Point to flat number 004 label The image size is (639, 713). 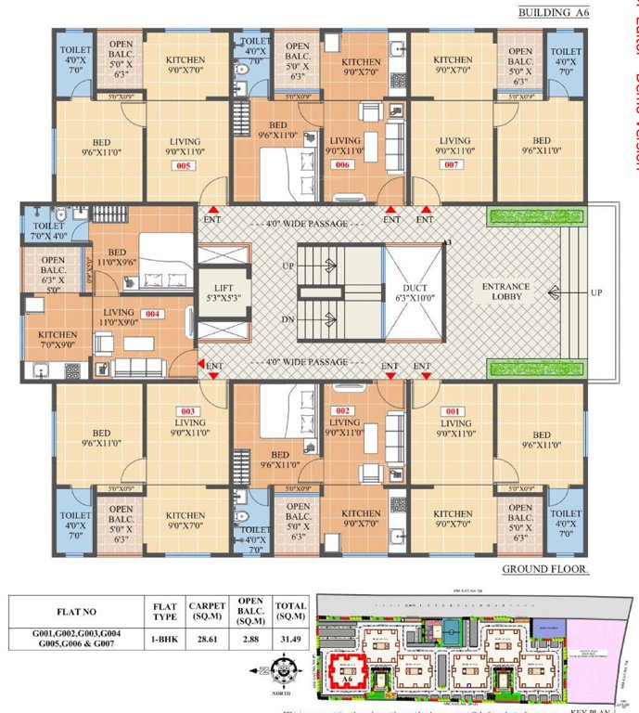click(x=153, y=314)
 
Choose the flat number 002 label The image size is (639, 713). click(x=343, y=411)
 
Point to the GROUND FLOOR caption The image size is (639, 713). click(x=545, y=568)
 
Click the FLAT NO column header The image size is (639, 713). click(x=73, y=612)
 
